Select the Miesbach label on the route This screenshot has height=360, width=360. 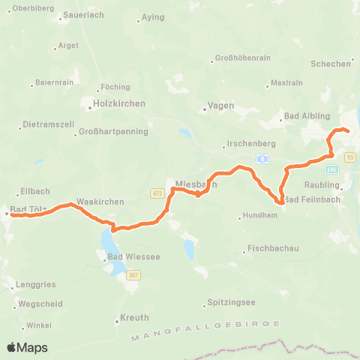(196, 183)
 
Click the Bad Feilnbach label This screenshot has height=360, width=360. (313, 199)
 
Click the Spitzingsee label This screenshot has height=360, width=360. (229, 304)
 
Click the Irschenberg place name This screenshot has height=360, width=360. (249, 144)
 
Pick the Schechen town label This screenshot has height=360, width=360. (330, 64)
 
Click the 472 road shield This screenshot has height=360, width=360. (156, 194)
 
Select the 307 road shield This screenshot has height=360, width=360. (133, 276)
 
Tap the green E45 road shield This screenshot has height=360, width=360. (332, 169)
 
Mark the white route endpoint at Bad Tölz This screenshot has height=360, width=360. (7, 214)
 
